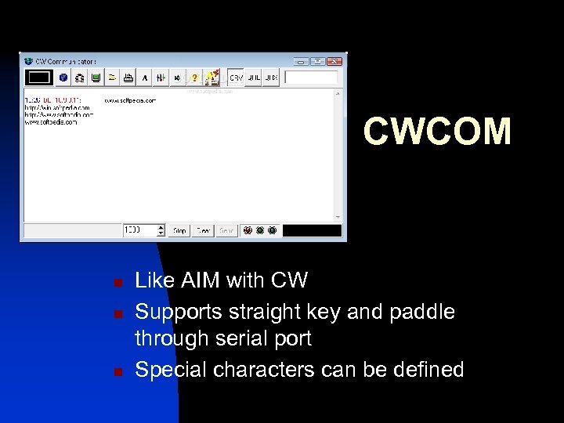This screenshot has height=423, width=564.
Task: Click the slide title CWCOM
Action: tap(437, 132)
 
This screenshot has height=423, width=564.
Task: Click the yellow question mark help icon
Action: tap(193, 78)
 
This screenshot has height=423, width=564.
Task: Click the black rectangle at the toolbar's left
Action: tap(39, 78)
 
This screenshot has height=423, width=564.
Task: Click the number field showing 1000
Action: tap(139, 230)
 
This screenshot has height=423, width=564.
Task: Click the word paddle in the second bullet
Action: tap(424, 311)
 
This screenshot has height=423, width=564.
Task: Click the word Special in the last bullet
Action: tap(167, 369)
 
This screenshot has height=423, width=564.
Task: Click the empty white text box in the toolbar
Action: tap(311, 78)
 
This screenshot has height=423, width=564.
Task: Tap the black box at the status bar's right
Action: tap(312, 231)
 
